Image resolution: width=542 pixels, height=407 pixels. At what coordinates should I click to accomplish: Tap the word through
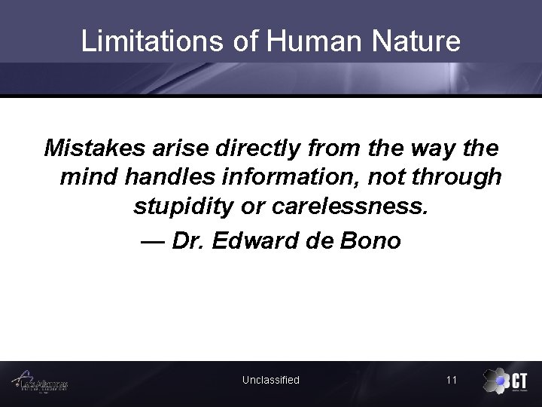[x=460, y=177]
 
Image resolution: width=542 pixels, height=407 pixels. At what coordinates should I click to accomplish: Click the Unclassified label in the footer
[x=270, y=380]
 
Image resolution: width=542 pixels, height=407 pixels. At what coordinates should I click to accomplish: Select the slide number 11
[x=451, y=380]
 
